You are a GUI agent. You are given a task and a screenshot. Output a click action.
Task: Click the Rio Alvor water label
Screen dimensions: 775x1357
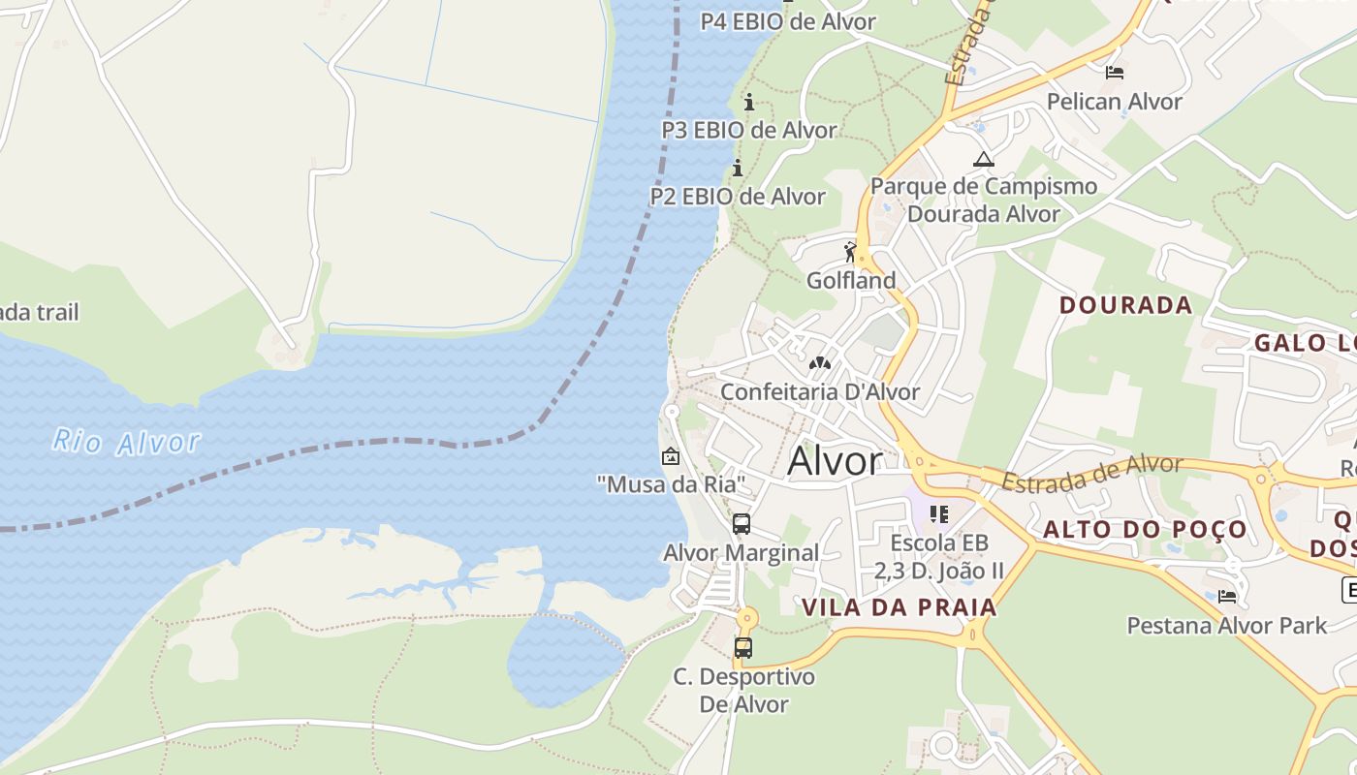[126, 443]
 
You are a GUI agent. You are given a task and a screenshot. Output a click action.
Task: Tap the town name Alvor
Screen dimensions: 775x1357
[835, 461]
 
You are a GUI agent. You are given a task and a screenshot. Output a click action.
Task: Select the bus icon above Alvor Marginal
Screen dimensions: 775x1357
[742, 524]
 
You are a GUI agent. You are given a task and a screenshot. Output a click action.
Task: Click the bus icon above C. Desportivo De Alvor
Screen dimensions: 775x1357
[743, 648]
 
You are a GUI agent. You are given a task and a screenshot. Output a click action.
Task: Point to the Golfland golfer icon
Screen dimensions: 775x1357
[851, 253]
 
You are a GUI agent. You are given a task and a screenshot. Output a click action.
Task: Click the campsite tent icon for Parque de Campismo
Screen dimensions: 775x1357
[984, 159]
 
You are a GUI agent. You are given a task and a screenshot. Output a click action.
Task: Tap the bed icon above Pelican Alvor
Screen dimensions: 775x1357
[1115, 73]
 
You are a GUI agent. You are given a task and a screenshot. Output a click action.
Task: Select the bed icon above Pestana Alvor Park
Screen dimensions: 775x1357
[1227, 597]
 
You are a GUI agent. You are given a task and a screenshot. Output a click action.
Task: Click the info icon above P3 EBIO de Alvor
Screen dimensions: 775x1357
[748, 102]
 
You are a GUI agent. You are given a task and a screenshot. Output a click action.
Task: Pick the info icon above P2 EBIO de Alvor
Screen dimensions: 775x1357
[738, 169]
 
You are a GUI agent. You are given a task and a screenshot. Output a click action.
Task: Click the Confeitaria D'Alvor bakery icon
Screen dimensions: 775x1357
[820, 363]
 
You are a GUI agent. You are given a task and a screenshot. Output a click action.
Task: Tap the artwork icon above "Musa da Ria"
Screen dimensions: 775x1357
[670, 456]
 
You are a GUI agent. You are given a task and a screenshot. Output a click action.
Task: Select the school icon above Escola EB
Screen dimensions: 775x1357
[938, 513]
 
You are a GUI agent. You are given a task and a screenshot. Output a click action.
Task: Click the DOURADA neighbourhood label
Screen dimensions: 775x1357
[1125, 305]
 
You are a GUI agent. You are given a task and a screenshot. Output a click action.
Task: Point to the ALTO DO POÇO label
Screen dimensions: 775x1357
[1145, 530]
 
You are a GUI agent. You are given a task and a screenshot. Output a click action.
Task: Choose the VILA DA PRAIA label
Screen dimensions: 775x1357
[899, 607]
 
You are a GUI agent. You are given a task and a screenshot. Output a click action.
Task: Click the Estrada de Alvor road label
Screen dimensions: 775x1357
[1091, 473]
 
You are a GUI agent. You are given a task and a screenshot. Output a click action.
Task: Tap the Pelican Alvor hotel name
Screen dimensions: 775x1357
[1115, 102]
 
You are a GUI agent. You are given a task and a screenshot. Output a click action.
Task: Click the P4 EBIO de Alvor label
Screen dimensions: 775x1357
[788, 21]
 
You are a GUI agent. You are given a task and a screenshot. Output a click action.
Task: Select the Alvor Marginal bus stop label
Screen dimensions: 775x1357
[741, 553]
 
